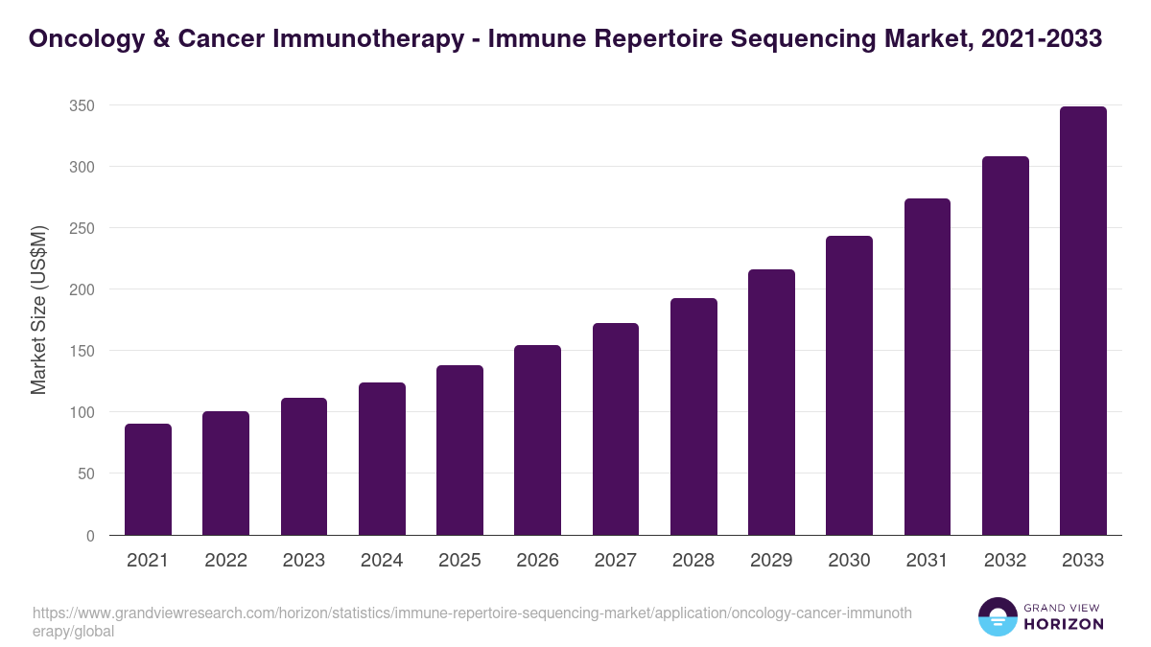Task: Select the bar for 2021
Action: tap(148, 479)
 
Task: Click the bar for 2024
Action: tap(382, 459)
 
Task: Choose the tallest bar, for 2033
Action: tap(1083, 321)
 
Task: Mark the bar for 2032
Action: tap(1005, 346)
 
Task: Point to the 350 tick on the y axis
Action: tap(82, 105)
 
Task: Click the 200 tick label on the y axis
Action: tap(82, 289)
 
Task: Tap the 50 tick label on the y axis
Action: tap(85, 474)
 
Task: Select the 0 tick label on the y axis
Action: tap(90, 535)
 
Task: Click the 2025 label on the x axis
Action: tap(459, 561)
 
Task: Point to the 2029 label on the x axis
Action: tap(771, 561)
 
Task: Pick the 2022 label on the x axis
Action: tap(225, 561)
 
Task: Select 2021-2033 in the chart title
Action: tap(1043, 39)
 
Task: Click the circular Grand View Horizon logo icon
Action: tap(998, 617)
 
